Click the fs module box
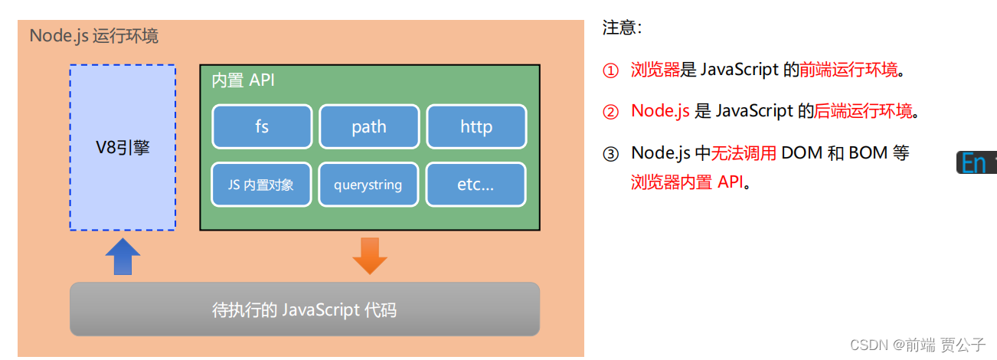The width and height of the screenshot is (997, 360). point(262,126)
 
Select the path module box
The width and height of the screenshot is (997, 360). point(369,126)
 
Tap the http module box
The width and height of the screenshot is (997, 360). point(476,126)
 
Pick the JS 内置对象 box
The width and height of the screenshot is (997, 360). point(262,185)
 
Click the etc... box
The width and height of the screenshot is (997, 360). point(476,185)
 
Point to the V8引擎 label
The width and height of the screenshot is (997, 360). point(123,147)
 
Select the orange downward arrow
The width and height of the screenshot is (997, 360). point(370,256)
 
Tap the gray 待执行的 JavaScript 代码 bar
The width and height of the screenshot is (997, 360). point(305,309)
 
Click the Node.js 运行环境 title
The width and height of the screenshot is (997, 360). point(94,36)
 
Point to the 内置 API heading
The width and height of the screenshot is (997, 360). point(243,80)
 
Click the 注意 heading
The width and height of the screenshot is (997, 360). point(622,28)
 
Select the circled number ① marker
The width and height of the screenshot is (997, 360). point(610,71)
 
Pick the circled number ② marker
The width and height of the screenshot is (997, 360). point(610,112)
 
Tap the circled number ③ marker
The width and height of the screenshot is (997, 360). point(610,153)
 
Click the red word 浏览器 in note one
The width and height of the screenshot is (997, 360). point(655,70)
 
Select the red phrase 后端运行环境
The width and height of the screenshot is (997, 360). point(863,111)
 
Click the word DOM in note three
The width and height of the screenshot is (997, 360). point(800,152)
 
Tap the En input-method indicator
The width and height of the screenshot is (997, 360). point(974,162)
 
